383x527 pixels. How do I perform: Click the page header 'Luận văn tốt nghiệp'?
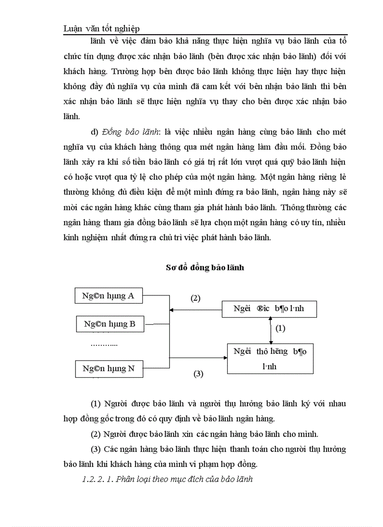[x=101, y=29]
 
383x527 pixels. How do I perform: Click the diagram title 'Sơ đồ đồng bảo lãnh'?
[x=205, y=267]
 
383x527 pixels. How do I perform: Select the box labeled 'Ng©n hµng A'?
[x=108, y=296]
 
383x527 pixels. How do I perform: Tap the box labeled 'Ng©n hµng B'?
[x=110, y=324]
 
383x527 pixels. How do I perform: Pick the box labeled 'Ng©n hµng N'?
[x=108, y=368]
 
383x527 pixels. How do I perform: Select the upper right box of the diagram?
[x=269, y=309]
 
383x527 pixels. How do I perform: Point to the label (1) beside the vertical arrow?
[x=280, y=328]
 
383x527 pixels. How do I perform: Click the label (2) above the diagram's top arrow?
[x=195, y=298]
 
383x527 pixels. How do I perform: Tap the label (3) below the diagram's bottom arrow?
[x=199, y=374]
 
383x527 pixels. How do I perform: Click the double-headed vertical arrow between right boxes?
[x=270, y=330]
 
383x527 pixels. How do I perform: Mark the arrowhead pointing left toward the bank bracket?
[x=172, y=309]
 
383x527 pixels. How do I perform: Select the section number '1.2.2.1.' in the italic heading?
[x=97, y=479]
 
